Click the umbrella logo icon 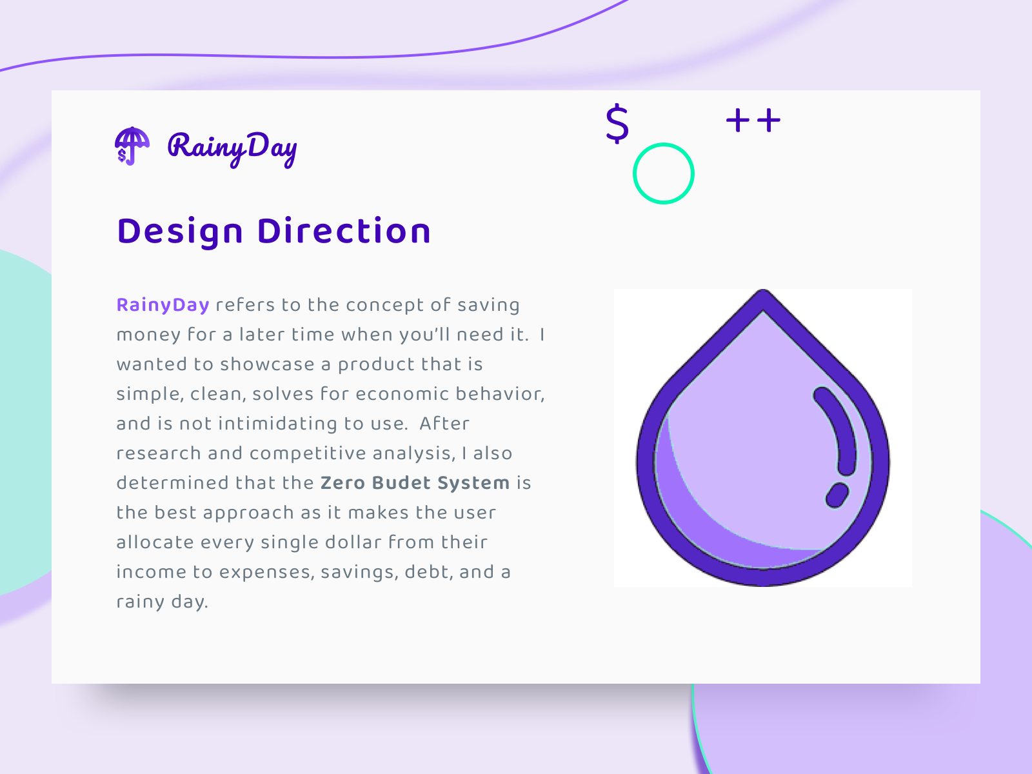click(132, 146)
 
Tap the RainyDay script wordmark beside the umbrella click(232, 148)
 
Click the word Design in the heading click(180, 231)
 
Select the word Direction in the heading click(344, 231)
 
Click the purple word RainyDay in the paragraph click(163, 305)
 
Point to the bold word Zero click(342, 483)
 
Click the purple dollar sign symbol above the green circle click(617, 123)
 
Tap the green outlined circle click(664, 174)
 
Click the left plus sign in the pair click(738, 121)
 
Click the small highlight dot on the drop click(837, 495)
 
